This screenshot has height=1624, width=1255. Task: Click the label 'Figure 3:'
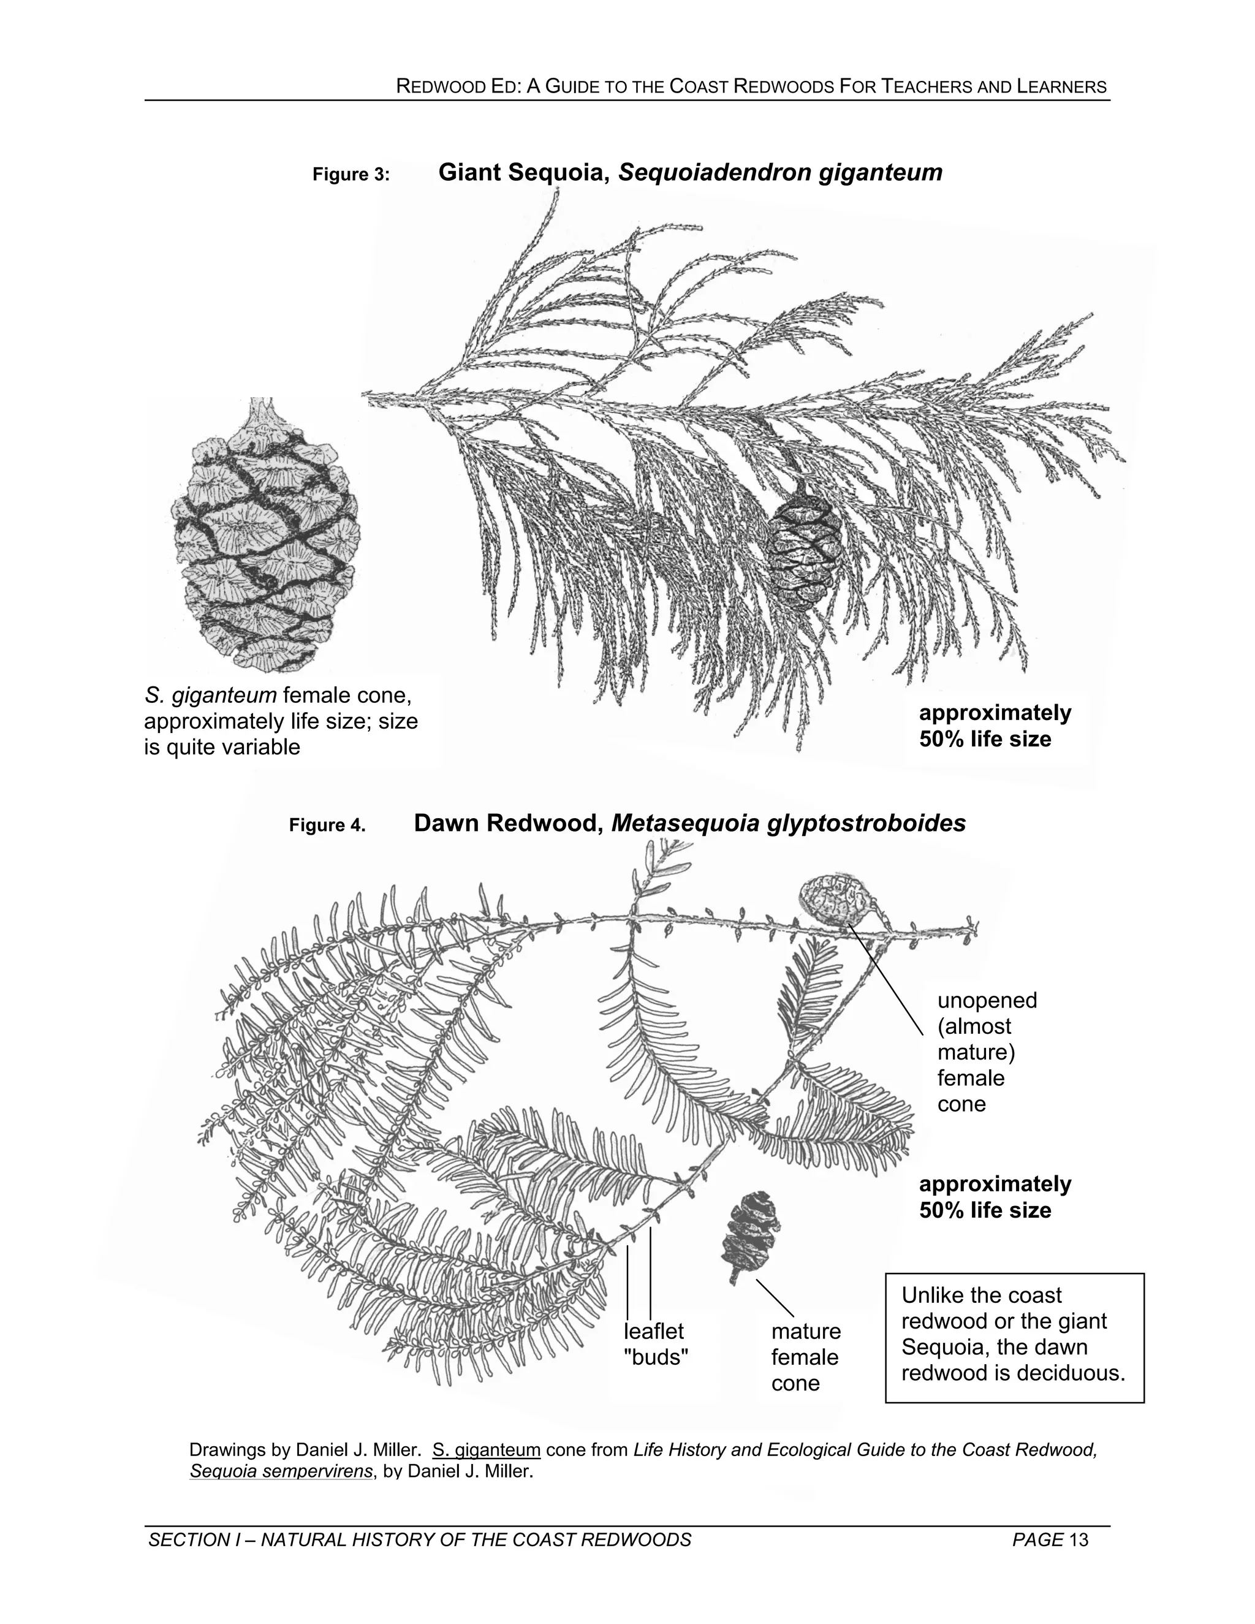tap(351, 175)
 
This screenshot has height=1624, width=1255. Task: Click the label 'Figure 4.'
tap(327, 825)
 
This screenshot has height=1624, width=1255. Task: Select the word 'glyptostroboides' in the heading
tap(865, 823)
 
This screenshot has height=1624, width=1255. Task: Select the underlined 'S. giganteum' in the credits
tap(486, 1449)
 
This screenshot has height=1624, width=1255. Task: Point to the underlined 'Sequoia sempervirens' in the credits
tap(281, 1471)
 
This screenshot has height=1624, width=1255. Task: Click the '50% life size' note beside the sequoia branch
tap(985, 739)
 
